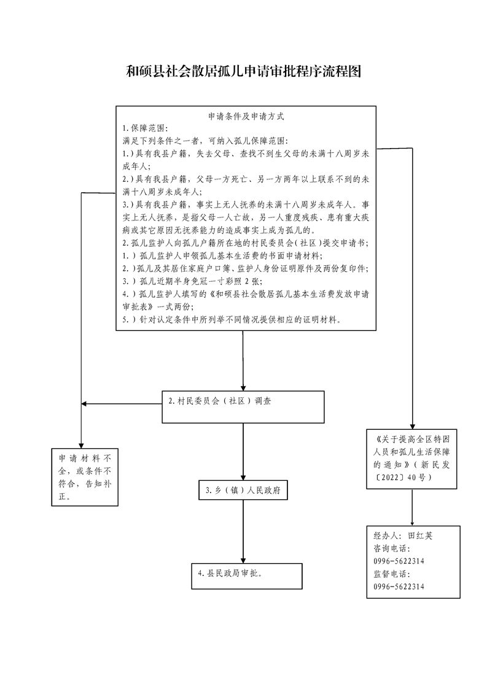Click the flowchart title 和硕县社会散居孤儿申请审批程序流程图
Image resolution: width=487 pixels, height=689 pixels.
pyautogui.click(x=243, y=72)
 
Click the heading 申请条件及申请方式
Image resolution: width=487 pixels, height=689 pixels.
pyautogui.click(x=246, y=115)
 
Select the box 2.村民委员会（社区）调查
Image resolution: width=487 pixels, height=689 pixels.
pyautogui.click(x=243, y=407)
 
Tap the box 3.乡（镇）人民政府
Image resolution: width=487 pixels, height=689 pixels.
pyautogui.click(x=243, y=491)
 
